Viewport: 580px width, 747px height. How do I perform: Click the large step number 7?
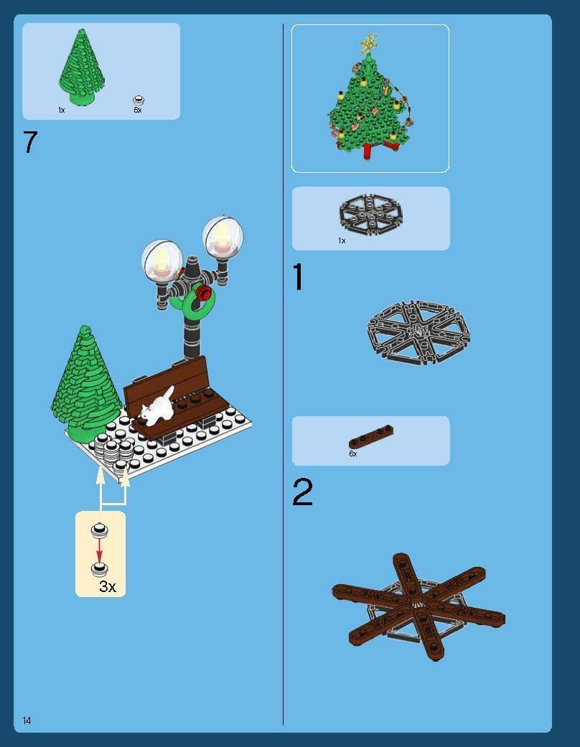pos(29,142)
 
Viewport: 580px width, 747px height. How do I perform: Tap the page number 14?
pos(27,720)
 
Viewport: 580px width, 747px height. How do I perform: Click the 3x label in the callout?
pos(107,586)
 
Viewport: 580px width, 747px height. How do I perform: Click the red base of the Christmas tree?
pos(371,149)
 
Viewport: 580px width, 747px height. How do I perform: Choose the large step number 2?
pos(302,493)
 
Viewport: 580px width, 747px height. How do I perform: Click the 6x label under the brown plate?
pos(352,454)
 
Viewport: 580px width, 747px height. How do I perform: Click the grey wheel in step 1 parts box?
pos(370,212)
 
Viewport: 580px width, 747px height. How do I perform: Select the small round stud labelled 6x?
pos(139,100)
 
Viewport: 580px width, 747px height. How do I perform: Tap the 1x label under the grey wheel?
pos(342,241)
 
